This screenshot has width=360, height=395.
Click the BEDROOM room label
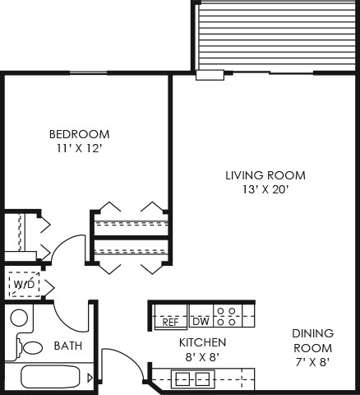(x=79, y=134)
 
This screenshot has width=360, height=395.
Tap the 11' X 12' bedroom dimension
(x=79, y=149)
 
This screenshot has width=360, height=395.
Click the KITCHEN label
(x=202, y=342)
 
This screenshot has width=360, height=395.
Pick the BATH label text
(x=67, y=346)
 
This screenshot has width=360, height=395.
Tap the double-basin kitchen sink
(x=192, y=379)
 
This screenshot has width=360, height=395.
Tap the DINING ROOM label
(x=312, y=341)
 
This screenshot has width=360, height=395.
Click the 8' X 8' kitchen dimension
(x=202, y=357)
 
